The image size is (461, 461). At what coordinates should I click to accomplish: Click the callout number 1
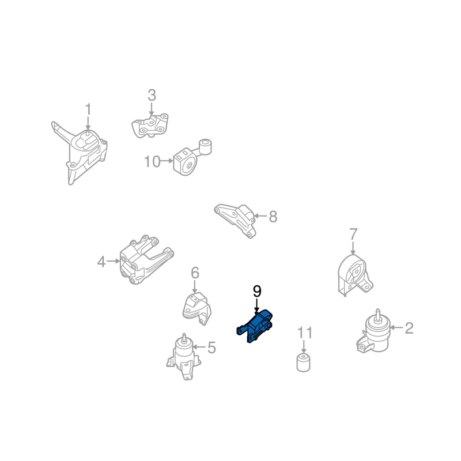(x=88, y=109)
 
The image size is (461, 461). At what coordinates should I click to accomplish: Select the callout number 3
(x=152, y=95)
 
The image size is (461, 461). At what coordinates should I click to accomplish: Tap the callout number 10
(x=152, y=162)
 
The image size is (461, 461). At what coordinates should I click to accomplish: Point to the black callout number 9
(x=257, y=292)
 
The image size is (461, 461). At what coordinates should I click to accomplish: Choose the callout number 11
(x=305, y=332)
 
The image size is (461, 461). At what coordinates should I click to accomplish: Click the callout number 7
(x=353, y=234)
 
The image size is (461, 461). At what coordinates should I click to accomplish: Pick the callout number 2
(x=409, y=328)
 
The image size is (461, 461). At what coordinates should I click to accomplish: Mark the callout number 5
(x=211, y=347)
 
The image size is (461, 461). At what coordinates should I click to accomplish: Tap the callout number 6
(x=195, y=273)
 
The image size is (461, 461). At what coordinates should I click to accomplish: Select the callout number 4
(x=101, y=262)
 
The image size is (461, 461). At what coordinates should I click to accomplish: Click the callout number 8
(x=273, y=217)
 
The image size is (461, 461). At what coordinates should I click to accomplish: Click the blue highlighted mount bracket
(x=255, y=326)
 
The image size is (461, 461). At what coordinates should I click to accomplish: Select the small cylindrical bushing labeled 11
(x=304, y=362)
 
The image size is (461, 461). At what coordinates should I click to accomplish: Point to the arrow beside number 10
(x=167, y=161)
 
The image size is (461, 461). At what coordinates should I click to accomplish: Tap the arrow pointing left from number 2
(x=396, y=327)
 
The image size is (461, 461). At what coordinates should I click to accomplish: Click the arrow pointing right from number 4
(x=114, y=261)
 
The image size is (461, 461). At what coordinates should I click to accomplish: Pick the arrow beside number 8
(x=260, y=216)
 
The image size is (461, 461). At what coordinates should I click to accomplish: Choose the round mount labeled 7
(x=354, y=275)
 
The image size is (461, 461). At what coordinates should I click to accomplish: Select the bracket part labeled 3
(x=150, y=126)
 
